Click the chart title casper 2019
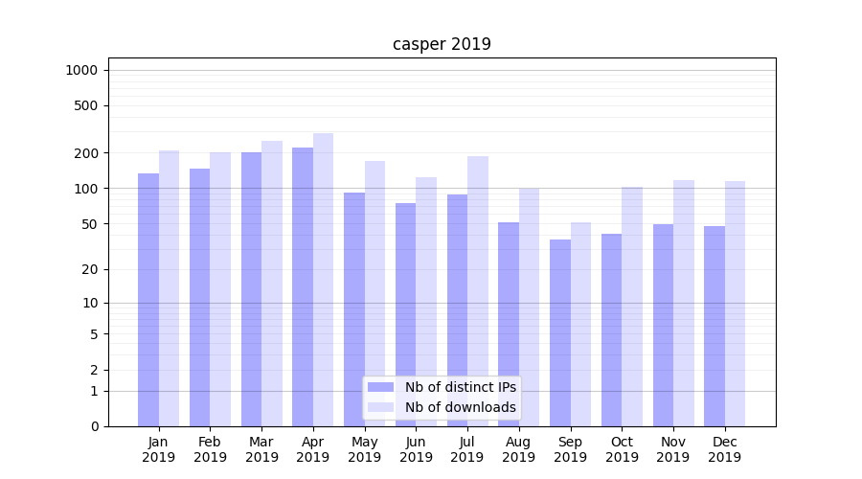pyautogui.click(x=442, y=44)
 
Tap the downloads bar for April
pyautogui.click(x=324, y=279)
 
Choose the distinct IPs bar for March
pyautogui.click(x=251, y=288)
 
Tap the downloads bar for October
pyautogui.click(x=632, y=306)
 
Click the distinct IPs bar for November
pyautogui.click(x=663, y=325)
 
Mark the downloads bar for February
pyautogui.click(x=220, y=288)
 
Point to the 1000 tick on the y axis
pyautogui.click(x=81, y=70)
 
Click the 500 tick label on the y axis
pyautogui.click(x=86, y=105)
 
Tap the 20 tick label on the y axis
pyautogui.click(x=89, y=269)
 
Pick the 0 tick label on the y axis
pyautogui.click(x=94, y=426)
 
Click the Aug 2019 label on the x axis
pyautogui.click(x=519, y=449)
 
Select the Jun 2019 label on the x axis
pyautogui.click(x=416, y=449)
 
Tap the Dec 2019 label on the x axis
pyautogui.click(x=724, y=449)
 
